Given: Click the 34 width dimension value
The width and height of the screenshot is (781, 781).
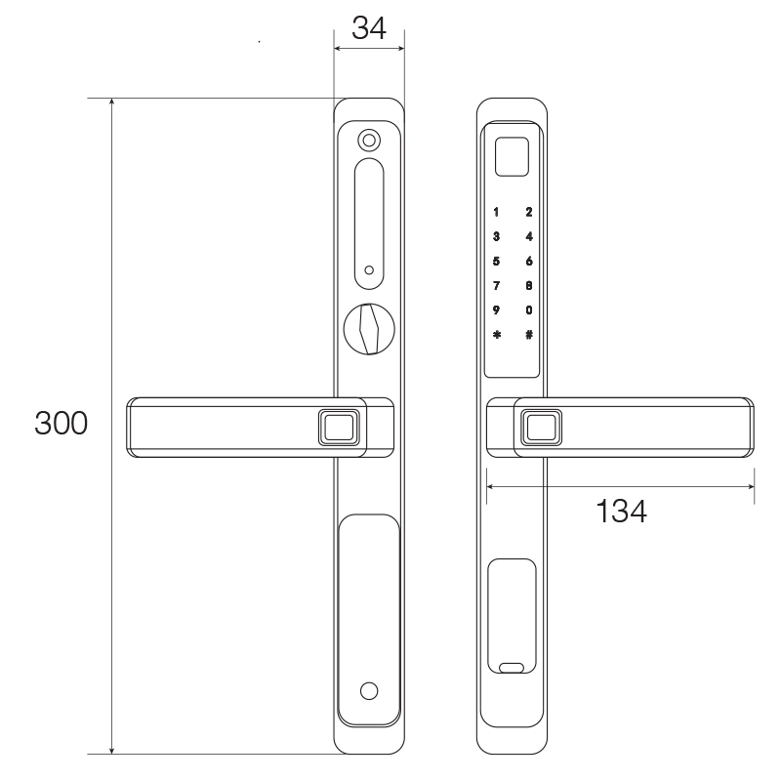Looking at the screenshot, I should pyautogui.click(x=369, y=28).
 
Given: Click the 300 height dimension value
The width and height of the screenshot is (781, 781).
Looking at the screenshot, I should pyautogui.click(x=62, y=424).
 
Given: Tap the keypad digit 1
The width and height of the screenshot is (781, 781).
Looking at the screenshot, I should pyautogui.click(x=497, y=212).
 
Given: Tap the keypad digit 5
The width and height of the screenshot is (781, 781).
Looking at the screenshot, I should pyautogui.click(x=497, y=261).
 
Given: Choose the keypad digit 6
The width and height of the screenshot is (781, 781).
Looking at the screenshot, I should pyautogui.click(x=529, y=261).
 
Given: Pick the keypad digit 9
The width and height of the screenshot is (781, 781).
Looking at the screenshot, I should pyautogui.click(x=497, y=310).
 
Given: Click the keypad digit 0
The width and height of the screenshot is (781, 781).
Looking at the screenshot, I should pyautogui.click(x=529, y=310).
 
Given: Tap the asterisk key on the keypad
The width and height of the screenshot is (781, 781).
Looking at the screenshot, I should pyautogui.click(x=497, y=335).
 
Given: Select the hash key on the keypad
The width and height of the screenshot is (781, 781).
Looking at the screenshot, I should pyautogui.click(x=529, y=335).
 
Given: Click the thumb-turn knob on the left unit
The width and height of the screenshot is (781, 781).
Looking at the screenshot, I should pyautogui.click(x=368, y=329).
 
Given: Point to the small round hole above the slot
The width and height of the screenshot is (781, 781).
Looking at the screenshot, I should pyautogui.click(x=368, y=140).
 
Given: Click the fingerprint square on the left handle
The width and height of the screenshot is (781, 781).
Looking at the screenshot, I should pyautogui.click(x=339, y=426).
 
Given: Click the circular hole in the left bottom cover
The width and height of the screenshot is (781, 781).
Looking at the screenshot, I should pyautogui.click(x=368, y=691).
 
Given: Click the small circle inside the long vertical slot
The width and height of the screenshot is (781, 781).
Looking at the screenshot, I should pyautogui.click(x=368, y=269).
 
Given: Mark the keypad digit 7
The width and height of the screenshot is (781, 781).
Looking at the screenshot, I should pyautogui.click(x=497, y=286).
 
